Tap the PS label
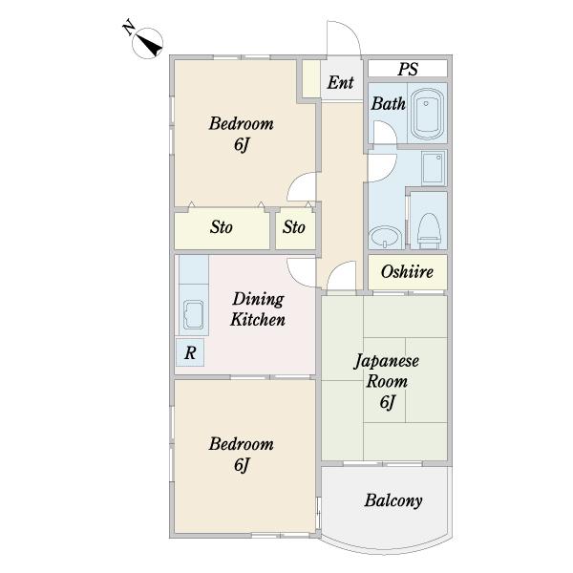(408, 69)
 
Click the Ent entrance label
(340, 82)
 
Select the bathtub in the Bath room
(428, 113)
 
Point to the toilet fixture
(428, 230)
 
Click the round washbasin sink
(385, 238)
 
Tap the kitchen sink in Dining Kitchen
(194, 314)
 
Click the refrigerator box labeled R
(190, 352)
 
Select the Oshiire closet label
(407, 271)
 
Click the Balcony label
(393, 500)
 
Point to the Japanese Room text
(387, 371)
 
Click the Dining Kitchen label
(258, 309)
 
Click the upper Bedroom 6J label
(242, 134)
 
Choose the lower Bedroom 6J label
(242, 455)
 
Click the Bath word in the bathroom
(388, 104)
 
